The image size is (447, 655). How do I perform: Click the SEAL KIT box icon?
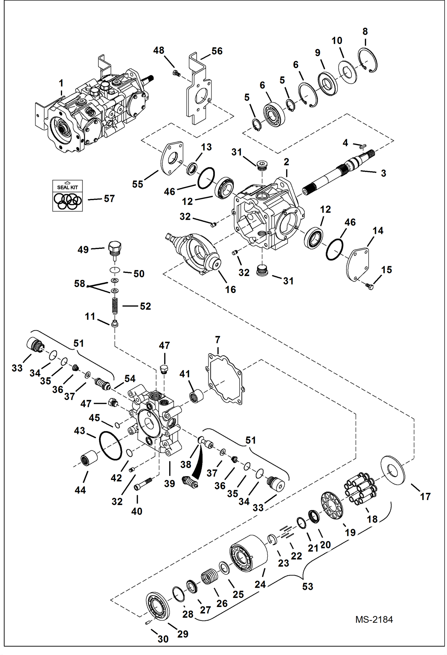click(x=67, y=196)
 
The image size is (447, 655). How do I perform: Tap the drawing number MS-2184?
click(x=374, y=619)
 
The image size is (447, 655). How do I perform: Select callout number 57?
click(x=109, y=199)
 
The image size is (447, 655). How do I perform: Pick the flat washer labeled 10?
click(x=347, y=72)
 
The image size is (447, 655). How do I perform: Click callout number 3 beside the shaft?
click(x=383, y=173)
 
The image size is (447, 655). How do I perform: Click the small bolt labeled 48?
click(x=176, y=73)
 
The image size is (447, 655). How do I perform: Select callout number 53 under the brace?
click(x=307, y=586)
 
